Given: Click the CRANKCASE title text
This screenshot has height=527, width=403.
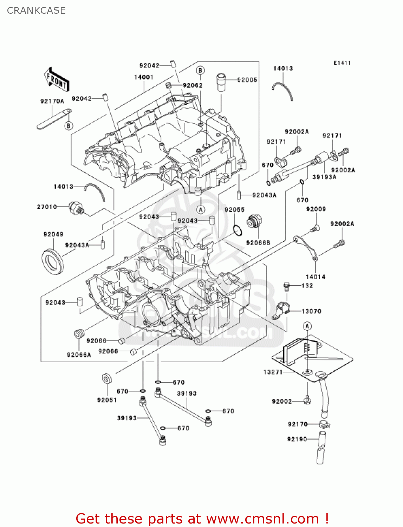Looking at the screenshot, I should point(36,11).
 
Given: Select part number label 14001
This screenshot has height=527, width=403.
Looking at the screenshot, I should point(143,77).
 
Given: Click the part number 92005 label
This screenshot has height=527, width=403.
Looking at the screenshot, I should point(247,80).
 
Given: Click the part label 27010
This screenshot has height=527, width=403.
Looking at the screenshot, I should point(47,207).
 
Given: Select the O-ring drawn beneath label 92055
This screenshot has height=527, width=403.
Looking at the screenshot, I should point(238,230).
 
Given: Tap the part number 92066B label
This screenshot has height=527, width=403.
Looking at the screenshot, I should point(258,243).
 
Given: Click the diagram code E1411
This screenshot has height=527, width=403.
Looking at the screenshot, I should point(342,63).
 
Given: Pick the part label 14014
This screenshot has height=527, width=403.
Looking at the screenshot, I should point(315,277).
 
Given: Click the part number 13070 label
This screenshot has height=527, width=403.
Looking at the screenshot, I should point(311,311).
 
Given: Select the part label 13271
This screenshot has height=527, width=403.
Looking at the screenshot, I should point(273,372).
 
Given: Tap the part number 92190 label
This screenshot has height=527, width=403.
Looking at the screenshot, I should point(297,439).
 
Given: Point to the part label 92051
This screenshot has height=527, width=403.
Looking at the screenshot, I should point(107,400).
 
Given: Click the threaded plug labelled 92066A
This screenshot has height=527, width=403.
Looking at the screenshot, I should point(80,333).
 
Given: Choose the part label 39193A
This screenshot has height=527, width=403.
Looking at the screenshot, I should point(324,177).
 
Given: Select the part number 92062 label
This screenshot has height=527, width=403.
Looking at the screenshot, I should point(193,85).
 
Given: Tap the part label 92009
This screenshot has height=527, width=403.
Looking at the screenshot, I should point(316,209).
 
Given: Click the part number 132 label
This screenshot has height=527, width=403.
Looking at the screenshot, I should point(307,286).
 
